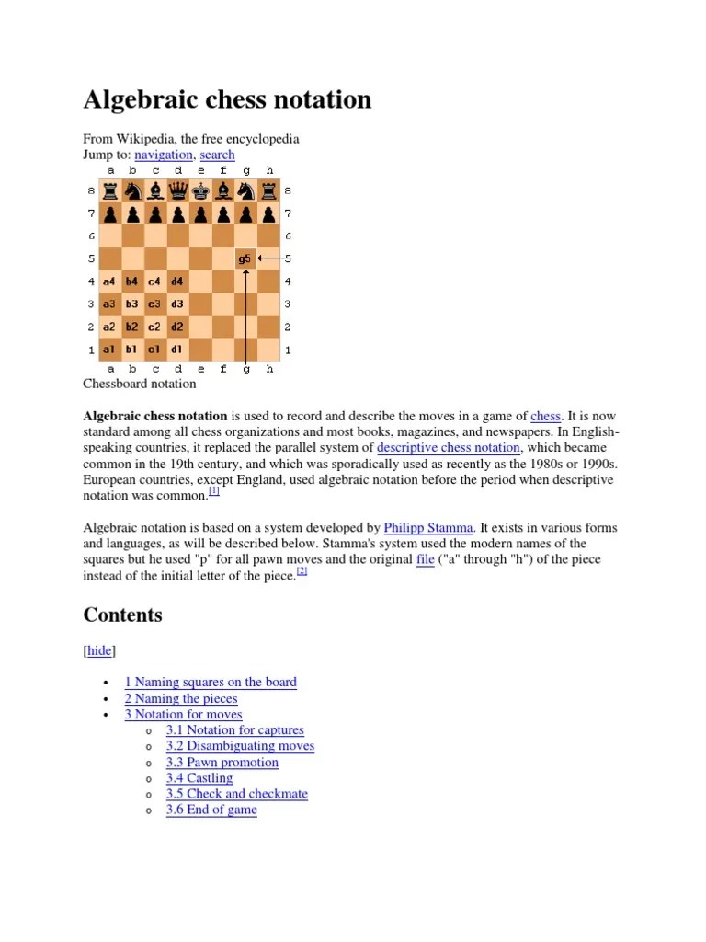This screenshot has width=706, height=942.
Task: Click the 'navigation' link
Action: (164, 155)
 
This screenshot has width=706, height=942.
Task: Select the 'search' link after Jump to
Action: (217, 155)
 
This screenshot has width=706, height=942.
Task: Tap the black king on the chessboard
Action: (199, 191)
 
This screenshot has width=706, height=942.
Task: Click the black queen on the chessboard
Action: (177, 191)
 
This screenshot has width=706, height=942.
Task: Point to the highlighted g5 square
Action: (245, 258)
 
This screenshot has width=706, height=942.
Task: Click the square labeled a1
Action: (109, 350)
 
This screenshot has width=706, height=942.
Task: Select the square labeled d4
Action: (177, 281)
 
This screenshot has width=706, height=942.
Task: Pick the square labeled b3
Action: (132, 304)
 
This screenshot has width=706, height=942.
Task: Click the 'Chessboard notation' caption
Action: (140, 384)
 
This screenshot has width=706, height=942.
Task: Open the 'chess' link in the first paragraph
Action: (545, 417)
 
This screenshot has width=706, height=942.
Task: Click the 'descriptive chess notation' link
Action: (449, 448)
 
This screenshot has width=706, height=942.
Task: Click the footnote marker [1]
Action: (214, 492)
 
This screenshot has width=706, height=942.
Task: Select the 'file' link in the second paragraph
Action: (425, 559)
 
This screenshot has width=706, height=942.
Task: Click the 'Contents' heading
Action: (123, 615)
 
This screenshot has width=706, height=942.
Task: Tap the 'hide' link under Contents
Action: (99, 650)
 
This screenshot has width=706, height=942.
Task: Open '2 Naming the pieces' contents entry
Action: (181, 698)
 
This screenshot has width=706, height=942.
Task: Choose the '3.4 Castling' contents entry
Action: (199, 778)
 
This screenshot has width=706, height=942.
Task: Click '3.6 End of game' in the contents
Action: (211, 810)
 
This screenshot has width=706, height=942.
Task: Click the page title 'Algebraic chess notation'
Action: (227, 99)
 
